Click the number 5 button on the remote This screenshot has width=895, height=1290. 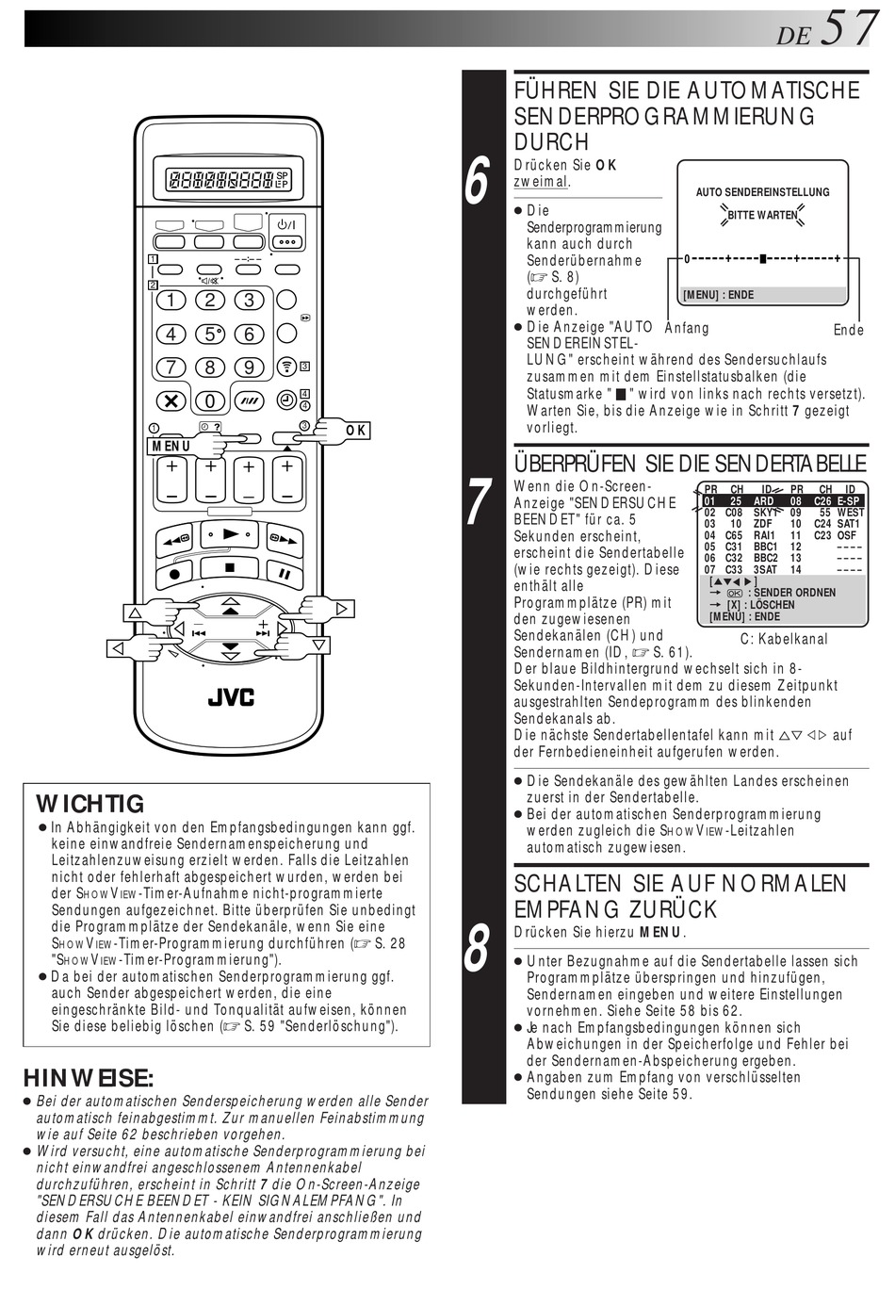coord(210,334)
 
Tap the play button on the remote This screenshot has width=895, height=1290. coord(229,535)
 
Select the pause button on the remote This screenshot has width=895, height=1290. coord(283,572)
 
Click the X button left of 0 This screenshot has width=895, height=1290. coord(171,401)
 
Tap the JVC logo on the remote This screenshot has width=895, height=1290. coord(231,698)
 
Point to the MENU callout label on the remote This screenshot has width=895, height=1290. coord(171,446)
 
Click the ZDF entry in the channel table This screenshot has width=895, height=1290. coord(763,524)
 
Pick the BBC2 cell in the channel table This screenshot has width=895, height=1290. coord(766,558)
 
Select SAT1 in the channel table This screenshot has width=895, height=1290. coord(849,524)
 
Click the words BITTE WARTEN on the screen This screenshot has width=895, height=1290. coord(762,215)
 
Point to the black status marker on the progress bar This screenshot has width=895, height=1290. coord(762,257)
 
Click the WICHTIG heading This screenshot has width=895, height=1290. coord(90,804)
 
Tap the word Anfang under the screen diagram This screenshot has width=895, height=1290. coord(687,328)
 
